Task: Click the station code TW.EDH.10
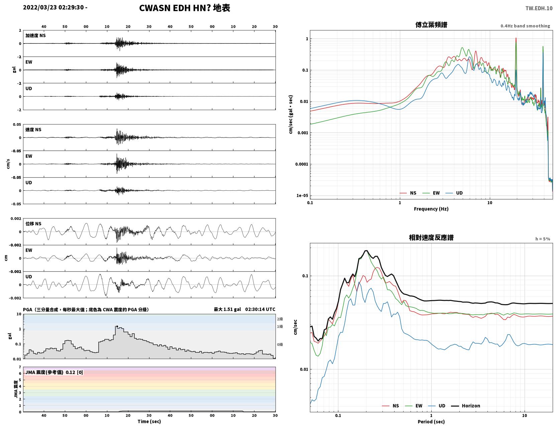[x=539, y=8]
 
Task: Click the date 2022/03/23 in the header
[x=40, y=7]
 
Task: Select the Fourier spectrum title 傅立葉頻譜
[x=431, y=25]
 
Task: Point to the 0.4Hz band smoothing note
[x=525, y=26]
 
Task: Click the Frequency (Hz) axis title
[x=431, y=209]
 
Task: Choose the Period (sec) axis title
[x=431, y=422]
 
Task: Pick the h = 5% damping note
[x=542, y=239]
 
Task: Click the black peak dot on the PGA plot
[x=117, y=326]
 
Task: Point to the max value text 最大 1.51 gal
[x=227, y=309]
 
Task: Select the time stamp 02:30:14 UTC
[x=260, y=309]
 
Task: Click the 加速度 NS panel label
[x=35, y=35]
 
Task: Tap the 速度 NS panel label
[x=33, y=130]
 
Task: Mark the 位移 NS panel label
[x=33, y=224]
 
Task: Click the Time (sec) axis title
[x=149, y=421]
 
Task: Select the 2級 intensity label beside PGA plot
[x=280, y=319]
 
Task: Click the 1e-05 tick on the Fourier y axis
[x=302, y=195]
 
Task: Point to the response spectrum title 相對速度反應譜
[x=431, y=238]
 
